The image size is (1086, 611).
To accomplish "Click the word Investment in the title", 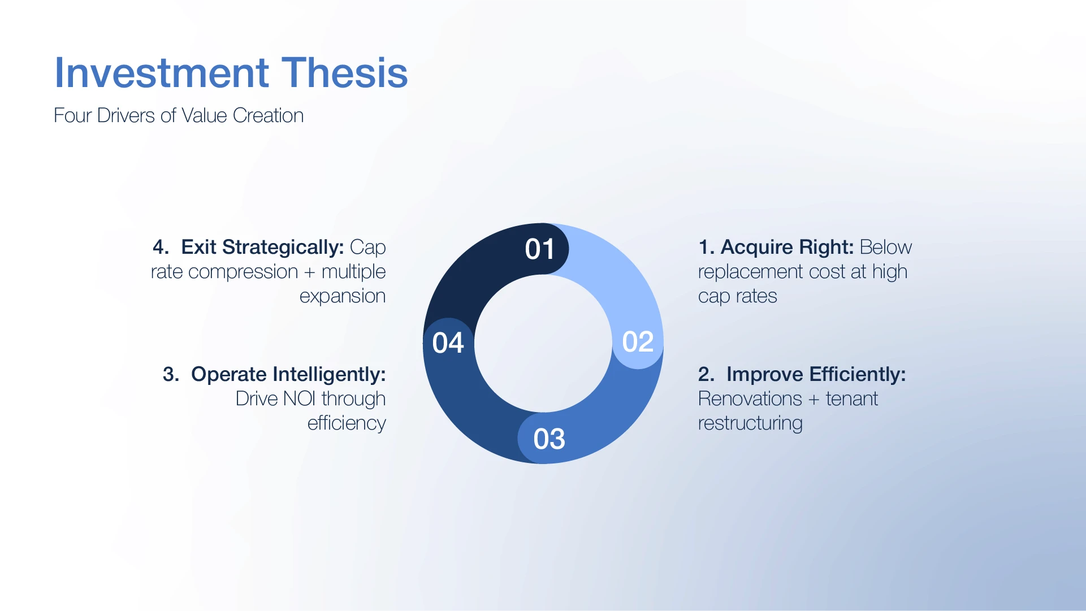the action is [162, 73].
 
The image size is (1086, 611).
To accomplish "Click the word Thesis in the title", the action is [344, 73].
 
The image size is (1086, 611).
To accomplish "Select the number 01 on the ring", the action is [540, 249].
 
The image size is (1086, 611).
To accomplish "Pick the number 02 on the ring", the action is [638, 342].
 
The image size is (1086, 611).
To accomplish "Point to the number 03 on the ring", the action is [549, 439].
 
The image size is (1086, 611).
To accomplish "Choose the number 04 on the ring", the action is [448, 343].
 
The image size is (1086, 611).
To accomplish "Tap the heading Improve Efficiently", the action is [816, 374].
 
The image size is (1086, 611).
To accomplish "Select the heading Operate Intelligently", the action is [288, 374].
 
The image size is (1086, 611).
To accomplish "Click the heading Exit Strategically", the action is [262, 247].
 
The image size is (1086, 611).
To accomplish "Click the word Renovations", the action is [750, 398].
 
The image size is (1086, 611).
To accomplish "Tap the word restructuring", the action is [750, 423].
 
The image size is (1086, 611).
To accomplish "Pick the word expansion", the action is [343, 296].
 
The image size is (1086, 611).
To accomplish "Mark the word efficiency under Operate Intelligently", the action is [347, 423].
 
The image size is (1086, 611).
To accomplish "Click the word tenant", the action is [852, 399].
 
